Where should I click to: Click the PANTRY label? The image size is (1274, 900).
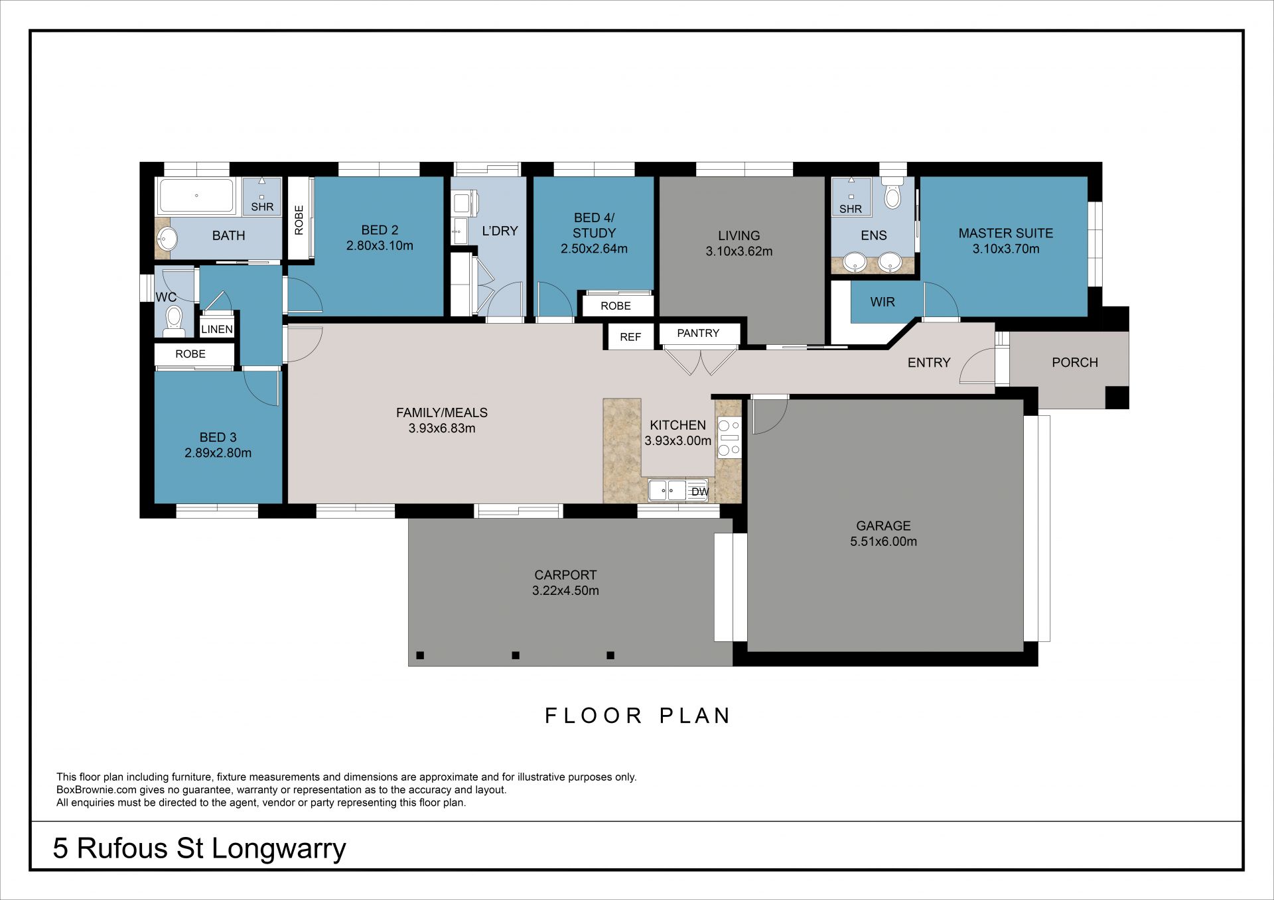pos(697,333)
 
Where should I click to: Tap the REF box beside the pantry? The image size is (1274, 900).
pos(630,337)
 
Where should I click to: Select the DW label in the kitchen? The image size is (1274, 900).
pos(700,491)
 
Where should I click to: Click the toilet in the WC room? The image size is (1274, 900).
pos(174,318)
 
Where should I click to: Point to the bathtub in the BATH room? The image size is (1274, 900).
pos(196,196)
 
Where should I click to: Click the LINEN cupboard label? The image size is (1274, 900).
pos(217,329)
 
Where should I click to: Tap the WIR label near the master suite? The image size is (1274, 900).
pos(883,302)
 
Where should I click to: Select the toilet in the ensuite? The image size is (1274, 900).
pos(892,192)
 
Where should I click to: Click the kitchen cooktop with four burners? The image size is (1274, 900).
pos(729,438)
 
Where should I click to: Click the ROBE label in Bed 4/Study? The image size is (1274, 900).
pos(616,306)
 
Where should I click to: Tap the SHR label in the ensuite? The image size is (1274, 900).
pos(851,209)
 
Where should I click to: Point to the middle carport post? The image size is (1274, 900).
pos(516,655)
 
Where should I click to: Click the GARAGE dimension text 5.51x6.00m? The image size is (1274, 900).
pos(883,541)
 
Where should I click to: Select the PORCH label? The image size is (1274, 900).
pos(1075,362)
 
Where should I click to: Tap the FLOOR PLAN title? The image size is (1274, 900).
pos(637,716)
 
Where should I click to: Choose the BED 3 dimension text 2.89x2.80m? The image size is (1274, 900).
pos(218,453)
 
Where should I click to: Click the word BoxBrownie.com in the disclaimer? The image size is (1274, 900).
pos(96,790)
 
